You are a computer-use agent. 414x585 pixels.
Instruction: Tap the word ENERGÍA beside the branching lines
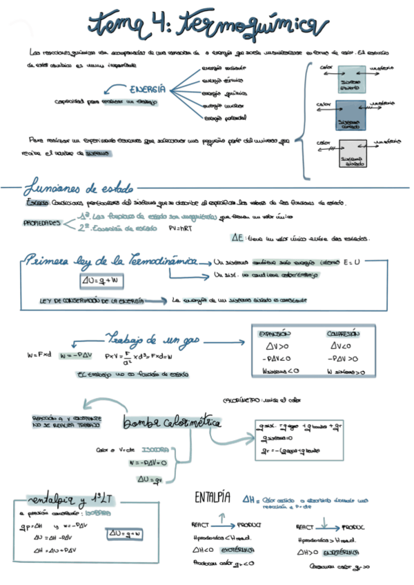pyautogui.click(x=147, y=89)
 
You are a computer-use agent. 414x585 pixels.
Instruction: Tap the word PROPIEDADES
pyautogui.click(x=42, y=224)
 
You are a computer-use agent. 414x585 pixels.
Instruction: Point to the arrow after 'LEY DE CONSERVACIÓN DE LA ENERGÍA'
pyautogui.click(x=156, y=301)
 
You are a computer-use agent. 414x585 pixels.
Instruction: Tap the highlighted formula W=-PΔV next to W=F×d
pyautogui.click(x=75, y=355)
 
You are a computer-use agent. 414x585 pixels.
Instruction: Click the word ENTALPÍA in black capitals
pyautogui.click(x=212, y=497)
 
